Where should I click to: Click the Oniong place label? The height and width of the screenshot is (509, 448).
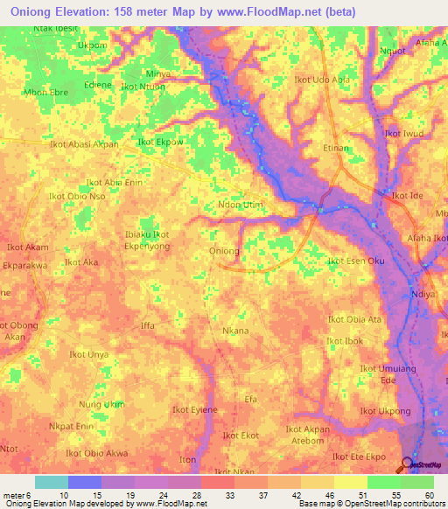point(225,251)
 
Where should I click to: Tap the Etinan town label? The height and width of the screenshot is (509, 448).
point(337,150)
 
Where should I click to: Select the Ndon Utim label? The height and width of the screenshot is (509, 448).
point(240,205)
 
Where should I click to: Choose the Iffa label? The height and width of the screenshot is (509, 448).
point(147,325)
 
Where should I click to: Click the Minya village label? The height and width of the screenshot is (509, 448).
point(158,73)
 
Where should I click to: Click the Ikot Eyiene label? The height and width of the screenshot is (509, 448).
point(194,409)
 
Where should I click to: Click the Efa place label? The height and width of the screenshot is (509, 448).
point(251,399)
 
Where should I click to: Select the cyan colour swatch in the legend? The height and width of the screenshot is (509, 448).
point(51,482)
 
